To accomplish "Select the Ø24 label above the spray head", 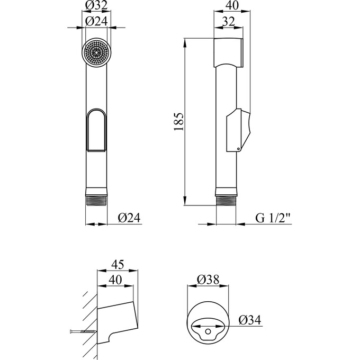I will (x=96, y=22).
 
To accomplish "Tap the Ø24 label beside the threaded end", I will (x=128, y=218).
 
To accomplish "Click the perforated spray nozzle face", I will (x=96, y=52).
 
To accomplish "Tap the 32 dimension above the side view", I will (x=229, y=22).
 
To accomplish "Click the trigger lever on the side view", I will (x=238, y=130).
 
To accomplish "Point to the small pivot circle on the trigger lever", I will (x=238, y=149).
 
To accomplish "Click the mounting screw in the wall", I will (x=82, y=332).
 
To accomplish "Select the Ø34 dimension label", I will (x=250, y=320).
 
